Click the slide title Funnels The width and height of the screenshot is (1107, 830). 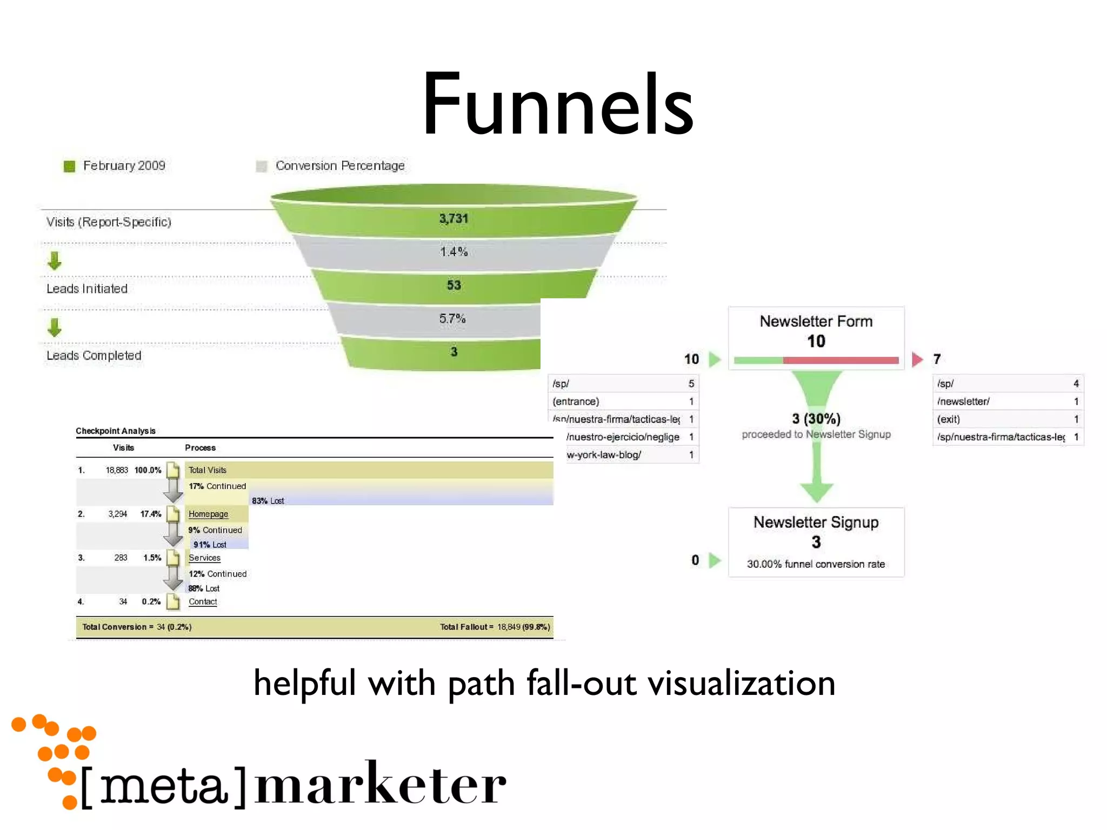[x=557, y=105]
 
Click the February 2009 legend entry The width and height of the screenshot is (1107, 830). [x=123, y=166]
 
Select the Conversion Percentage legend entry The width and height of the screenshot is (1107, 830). [x=339, y=166]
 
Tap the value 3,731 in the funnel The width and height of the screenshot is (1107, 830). [x=453, y=219]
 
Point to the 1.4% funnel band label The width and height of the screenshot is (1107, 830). [x=453, y=252]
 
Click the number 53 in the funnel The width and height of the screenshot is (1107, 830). [x=454, y=285]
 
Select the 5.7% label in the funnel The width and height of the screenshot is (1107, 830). [x=452, y=319]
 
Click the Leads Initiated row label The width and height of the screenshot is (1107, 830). [x=87, y=289]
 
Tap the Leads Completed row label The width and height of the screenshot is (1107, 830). [x=94, y=356]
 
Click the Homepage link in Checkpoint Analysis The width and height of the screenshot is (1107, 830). [x=208, y=514]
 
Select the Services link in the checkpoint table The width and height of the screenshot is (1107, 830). [x=204, y=558]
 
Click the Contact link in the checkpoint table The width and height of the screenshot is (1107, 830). [x=203, y=601]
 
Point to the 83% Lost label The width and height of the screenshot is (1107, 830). [x=268, y=501]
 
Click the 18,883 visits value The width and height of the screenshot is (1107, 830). [x=117, y=470]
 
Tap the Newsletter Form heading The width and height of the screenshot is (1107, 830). [x=816, y=322]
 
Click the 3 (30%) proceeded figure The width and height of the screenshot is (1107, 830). [x=816, y=419]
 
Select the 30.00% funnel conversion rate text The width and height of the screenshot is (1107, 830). [x=816, y=564]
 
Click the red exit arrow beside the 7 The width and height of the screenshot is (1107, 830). [x=917, y=359]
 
